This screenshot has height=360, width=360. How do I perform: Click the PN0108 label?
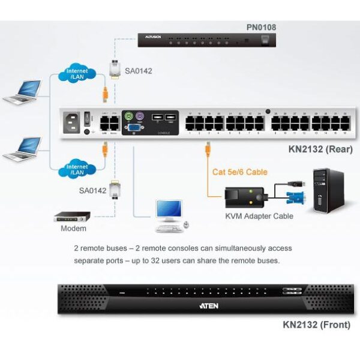(261, 27)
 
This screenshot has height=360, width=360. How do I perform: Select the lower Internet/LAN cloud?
(76, 169)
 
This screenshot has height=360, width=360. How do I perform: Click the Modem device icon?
(72, 216)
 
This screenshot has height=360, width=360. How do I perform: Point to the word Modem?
(73, 229)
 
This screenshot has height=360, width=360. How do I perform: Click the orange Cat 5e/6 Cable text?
(240, 172)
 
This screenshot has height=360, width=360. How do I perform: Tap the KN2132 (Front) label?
(317, 325)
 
